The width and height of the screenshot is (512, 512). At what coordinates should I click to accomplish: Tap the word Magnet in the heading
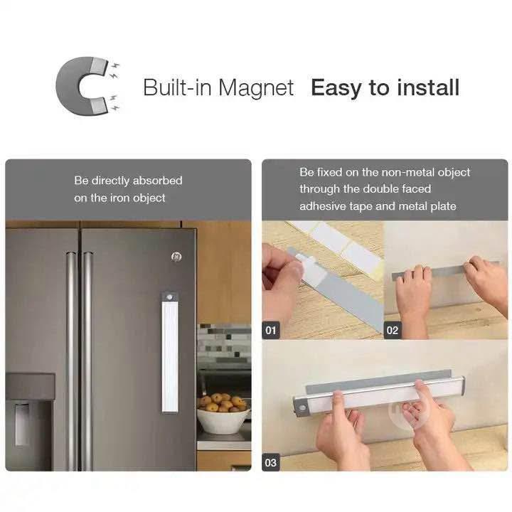point(256,88)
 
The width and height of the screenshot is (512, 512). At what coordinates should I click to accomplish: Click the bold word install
point(428,87)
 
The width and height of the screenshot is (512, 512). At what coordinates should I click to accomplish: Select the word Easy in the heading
point(336,88)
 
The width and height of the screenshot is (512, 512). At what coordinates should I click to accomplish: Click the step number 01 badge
point(271,331)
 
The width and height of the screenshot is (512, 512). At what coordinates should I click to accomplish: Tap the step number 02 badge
point(392,331)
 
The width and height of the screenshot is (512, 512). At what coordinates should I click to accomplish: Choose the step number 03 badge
point(271,462)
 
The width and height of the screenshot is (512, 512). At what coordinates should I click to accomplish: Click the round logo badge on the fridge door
point(176,257)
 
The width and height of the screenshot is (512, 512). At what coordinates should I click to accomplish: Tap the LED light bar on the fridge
point(170,353)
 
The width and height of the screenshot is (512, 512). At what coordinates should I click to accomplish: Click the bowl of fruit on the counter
point(223,413)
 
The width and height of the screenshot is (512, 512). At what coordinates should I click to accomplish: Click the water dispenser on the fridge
point(22,425)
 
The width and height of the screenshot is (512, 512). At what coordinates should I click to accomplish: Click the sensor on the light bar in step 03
point(302,408)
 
